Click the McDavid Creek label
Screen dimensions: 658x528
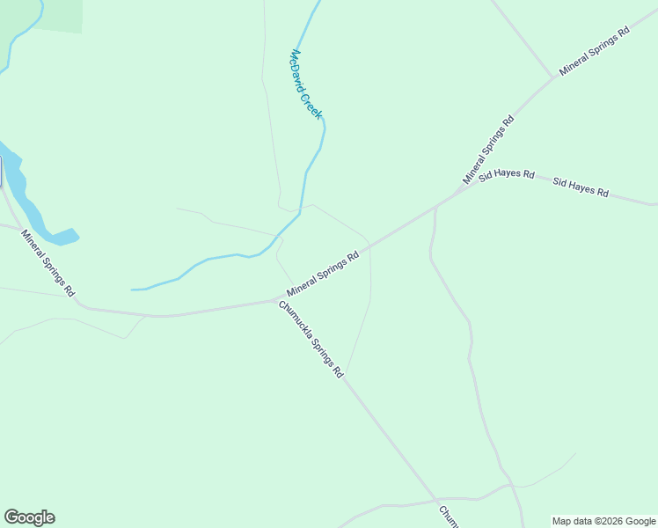pyautogui.click(x=306, y=84)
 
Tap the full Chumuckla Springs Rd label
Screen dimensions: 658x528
pyautogui.click(x=311, y=340)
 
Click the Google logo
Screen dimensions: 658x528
pyautogui.click(x=29, y=517)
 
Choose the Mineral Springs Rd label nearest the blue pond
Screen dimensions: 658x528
pyautogui.click(x=48, y=262)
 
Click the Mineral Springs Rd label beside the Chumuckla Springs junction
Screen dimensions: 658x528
pyautogui.click(x=323, y=275)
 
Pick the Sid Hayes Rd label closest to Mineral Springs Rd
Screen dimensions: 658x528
pyautogui.click(x=507, y=174)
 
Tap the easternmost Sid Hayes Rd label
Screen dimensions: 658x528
pyautogui.click(x=581, y=187)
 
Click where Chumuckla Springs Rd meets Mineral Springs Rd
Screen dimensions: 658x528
pyautogui.click(x=280, y=300)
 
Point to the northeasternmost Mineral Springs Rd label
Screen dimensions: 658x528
pyautogui.click(x=595, y=50)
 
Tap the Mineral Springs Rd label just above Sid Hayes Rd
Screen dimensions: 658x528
pyautogui.click(x=487, y=150)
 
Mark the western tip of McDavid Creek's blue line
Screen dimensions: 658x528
pyautogui.click(x=133, y=289)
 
